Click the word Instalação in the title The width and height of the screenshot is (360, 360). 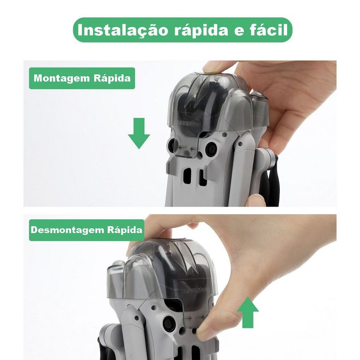pyautogui.click(x=123, y=30)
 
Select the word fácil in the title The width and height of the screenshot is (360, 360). pyautogui.click(x=268, y=30)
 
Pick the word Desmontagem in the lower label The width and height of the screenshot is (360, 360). pyautogui.click(x=68, y=230)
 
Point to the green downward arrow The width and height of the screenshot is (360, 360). pyautogui.click(x=139, y=133)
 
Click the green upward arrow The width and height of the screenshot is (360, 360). pyautogui.click(x=248, y=312)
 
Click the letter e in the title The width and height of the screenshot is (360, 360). pyautogui.click(x=238, y=31)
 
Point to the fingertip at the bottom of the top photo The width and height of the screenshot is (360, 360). pyautogui.click(x=254, y=200)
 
